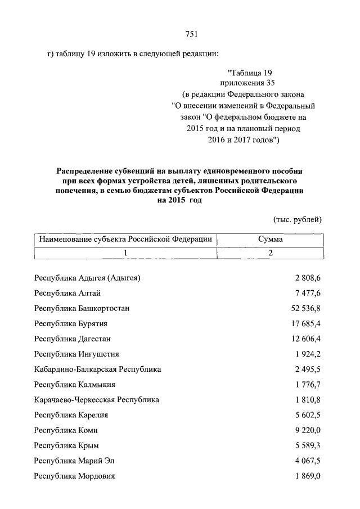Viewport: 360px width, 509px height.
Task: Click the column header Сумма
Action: click(270, 240)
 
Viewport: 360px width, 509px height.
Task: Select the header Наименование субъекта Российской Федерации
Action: click(125, 240)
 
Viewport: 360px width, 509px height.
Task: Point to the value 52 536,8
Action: click(304, 308)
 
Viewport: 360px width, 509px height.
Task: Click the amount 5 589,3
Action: click(307, 445)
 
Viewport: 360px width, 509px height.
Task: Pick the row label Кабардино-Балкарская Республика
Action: click(97, 370)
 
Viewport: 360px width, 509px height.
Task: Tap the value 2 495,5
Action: click(307, 370)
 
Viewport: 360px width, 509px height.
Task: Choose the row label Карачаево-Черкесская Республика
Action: click(96, 400)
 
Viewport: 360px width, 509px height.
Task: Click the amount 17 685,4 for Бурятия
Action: click(304, 323)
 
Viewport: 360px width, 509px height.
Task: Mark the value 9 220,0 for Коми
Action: click(307, 430)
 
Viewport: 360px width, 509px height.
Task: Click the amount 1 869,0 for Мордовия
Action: click(307, 476)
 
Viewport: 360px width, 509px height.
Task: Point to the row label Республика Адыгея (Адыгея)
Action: click(87, 278)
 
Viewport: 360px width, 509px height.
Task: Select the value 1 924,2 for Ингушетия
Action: click(307, 354)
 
